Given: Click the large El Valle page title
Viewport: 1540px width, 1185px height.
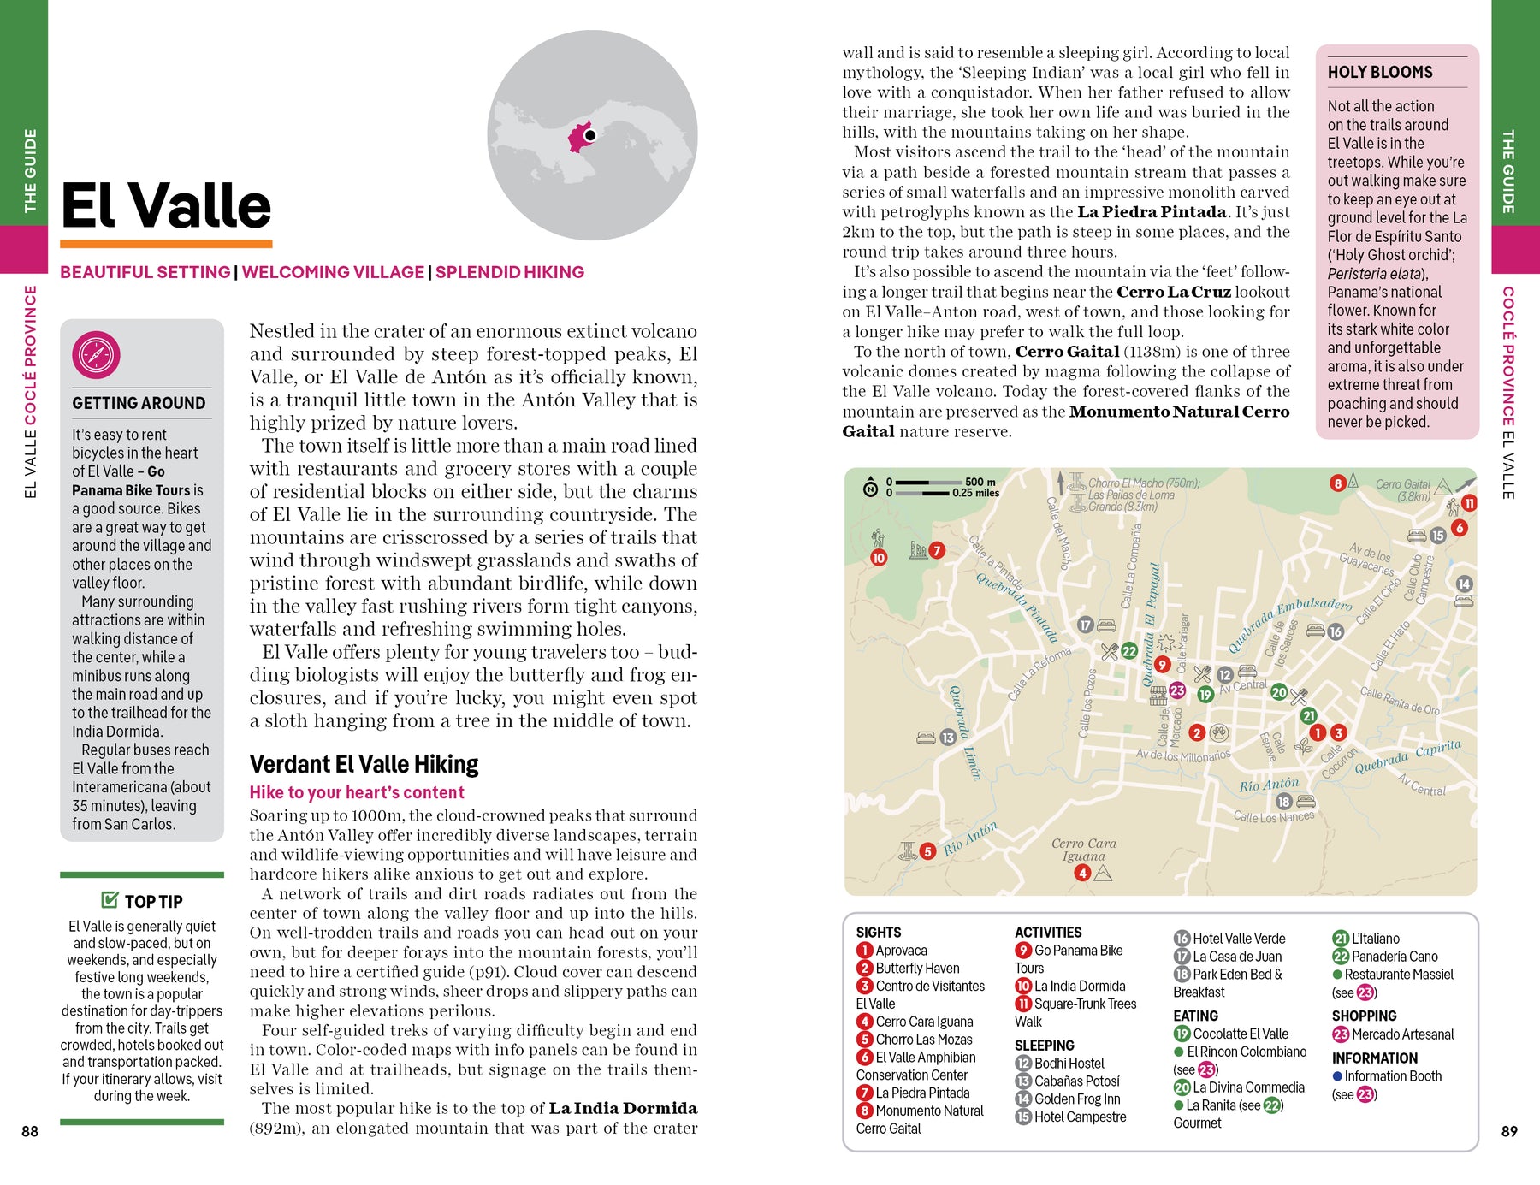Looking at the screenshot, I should [167, 206].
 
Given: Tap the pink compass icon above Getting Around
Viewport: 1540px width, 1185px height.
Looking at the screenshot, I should [96, 355].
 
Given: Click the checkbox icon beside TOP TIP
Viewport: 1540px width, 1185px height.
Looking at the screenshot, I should [110, 899].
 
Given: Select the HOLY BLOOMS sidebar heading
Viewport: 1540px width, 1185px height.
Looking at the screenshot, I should [1379, 73].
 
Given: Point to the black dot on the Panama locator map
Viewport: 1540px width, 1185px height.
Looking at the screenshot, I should [589, 135].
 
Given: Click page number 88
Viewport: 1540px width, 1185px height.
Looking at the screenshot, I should [30, 1131].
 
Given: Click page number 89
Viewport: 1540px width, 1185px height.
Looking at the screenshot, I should [1509, 1131].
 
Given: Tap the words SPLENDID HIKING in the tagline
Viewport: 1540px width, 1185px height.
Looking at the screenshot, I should [509, 272].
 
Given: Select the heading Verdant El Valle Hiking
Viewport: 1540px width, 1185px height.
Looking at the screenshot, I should [364, 764].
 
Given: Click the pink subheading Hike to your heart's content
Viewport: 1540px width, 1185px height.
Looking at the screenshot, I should [357, 792].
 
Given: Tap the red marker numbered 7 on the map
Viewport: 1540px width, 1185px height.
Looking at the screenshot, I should [937, 550].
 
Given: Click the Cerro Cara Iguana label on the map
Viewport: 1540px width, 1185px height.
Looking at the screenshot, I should [1083, 849].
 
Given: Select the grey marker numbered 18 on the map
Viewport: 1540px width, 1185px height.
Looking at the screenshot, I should [1283, 802].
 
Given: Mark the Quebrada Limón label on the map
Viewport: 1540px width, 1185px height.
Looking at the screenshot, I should [964, 732].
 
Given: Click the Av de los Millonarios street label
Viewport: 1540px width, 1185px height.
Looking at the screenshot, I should [1182, 755].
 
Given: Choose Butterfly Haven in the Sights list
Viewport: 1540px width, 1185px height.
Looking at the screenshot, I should [916, 968].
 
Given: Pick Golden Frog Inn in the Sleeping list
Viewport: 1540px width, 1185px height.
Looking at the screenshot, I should [1076, 1099].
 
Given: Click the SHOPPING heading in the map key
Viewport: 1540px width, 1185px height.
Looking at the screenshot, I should [1364, 1016].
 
